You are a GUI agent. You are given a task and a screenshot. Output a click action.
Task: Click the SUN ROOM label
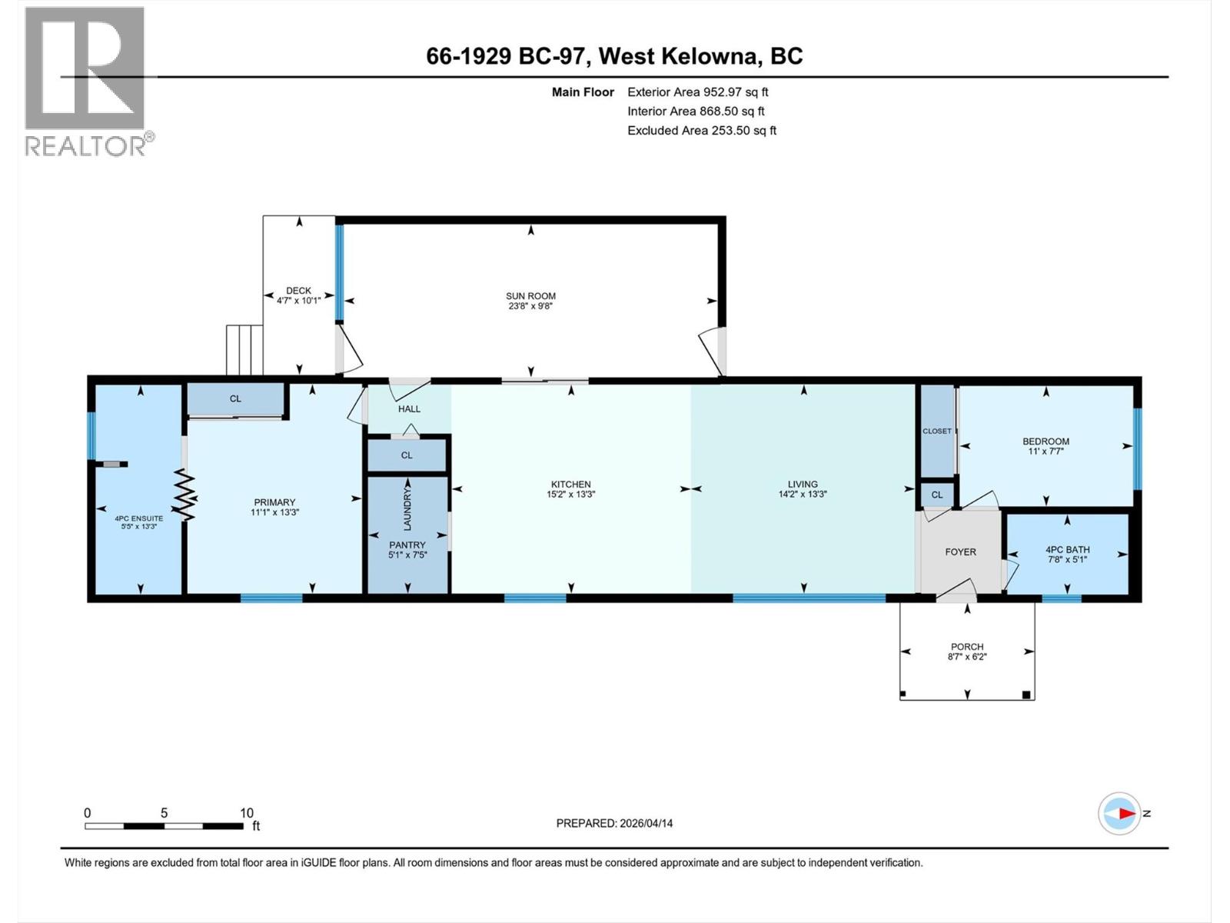click(530, 295)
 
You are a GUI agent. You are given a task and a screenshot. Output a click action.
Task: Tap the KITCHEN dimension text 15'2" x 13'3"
click(570, 495)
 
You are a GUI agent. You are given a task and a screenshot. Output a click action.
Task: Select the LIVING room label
click(802, 484)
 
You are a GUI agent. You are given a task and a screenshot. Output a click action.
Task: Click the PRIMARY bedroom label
click(274, 502)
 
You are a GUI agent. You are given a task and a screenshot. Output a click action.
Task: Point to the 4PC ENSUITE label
click(139, 518)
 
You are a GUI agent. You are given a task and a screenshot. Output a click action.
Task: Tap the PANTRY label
click(407, 545)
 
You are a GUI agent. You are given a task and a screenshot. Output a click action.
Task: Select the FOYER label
click(960, 551)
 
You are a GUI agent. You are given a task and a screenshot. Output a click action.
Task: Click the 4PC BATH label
click(1067, 549)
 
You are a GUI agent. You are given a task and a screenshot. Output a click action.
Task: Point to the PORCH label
click(966, 647)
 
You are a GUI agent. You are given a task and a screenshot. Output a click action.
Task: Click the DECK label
click(298, 291)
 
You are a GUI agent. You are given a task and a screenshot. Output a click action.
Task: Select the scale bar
click(164, 826)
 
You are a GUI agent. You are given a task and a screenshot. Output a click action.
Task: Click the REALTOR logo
click(85, 81)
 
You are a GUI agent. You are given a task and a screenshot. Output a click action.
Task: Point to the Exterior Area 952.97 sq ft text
click(697, 92)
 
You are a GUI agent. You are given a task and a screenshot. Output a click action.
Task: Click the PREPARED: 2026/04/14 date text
click(614, 823)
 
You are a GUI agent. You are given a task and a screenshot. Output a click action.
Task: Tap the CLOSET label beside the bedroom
click(936, 431)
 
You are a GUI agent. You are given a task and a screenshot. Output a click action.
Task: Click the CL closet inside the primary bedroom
click(235, 398)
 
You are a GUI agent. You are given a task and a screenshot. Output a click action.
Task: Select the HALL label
click(409, 408)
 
